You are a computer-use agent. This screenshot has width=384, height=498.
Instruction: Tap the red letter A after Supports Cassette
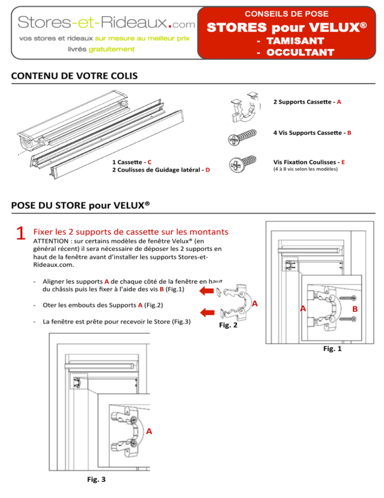coord(339,102)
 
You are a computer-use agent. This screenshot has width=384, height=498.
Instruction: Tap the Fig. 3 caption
coord(95,479)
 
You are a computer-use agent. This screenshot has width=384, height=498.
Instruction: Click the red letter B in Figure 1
coord(354,310)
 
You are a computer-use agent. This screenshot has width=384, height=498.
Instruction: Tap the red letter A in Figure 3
coord(149,431)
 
